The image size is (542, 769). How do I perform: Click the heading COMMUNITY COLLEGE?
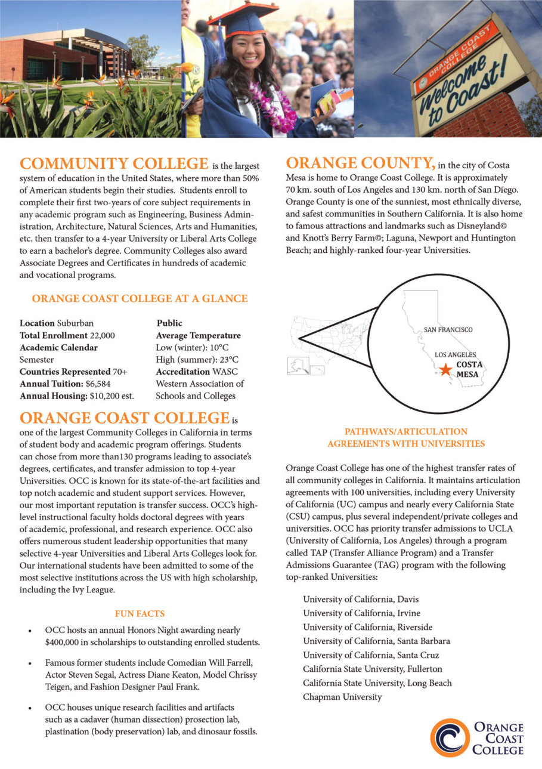[114, 163]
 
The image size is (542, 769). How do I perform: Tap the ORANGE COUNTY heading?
[359, 163]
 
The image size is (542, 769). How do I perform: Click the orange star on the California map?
[445, 369]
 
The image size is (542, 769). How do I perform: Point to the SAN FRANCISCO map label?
[448, 329]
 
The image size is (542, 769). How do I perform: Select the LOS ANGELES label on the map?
[455, 354]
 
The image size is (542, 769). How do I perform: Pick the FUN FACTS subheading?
[140, 613]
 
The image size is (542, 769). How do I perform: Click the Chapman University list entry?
[342, 697]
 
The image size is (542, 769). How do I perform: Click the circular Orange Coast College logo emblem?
[450, 738]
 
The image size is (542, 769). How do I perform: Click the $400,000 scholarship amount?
[67, 643]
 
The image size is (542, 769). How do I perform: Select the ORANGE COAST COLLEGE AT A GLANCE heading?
[140, 298]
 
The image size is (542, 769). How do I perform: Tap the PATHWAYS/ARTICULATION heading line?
[405, 431]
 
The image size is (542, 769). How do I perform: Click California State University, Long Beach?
[377, 683]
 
